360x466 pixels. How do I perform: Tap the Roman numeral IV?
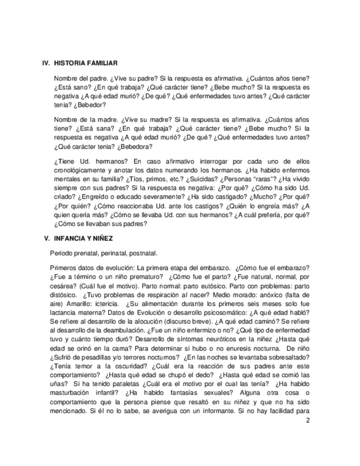point(46,64)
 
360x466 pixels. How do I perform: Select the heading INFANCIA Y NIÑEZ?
point(84,238)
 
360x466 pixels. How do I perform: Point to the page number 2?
point(308,421)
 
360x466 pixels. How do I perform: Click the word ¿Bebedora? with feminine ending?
point(133,147)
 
